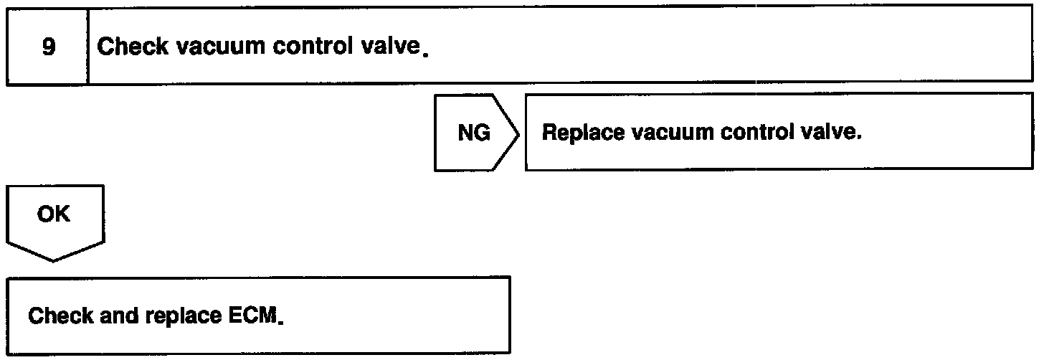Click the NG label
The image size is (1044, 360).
474,133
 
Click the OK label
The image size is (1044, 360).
54,213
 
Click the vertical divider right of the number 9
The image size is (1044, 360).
87,48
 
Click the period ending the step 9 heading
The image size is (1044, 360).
426,54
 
